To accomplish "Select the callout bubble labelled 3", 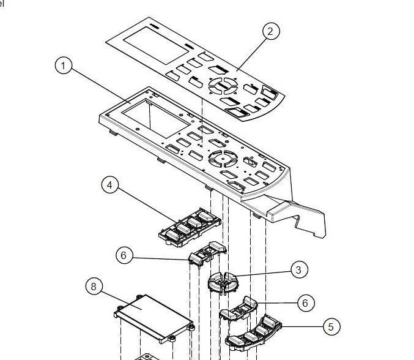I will click(x=298, y=269).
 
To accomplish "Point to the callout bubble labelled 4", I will click(x=110, y=185).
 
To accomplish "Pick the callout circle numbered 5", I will click(x=330, y=327).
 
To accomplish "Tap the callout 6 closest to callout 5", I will click(x=304, y=302).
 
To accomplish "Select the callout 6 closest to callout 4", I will click(x=124, y=255).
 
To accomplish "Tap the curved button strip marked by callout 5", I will click(x=254, y=332).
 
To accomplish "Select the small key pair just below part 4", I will click(x=208, y=253).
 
